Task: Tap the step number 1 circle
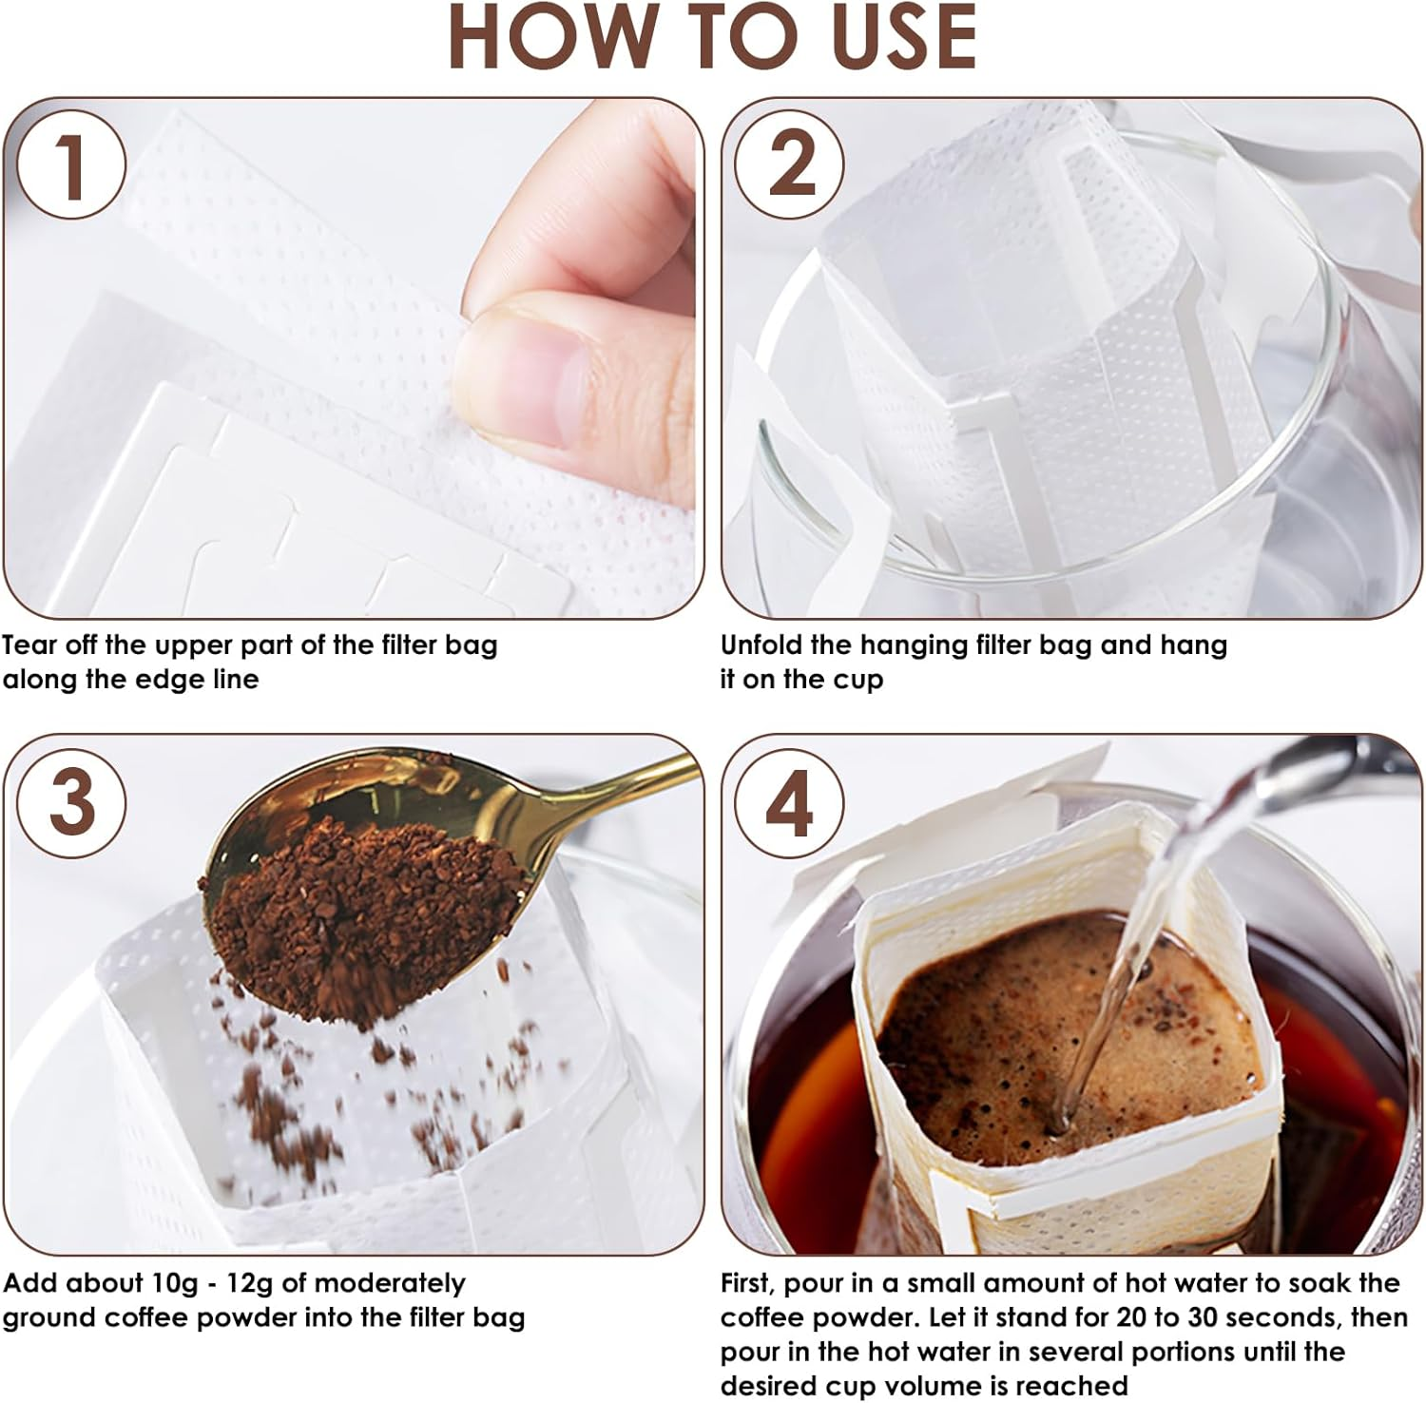[71, 165]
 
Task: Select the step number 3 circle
[71, 801]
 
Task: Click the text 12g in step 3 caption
[249, 1283]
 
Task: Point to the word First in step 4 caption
[748, 1283]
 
